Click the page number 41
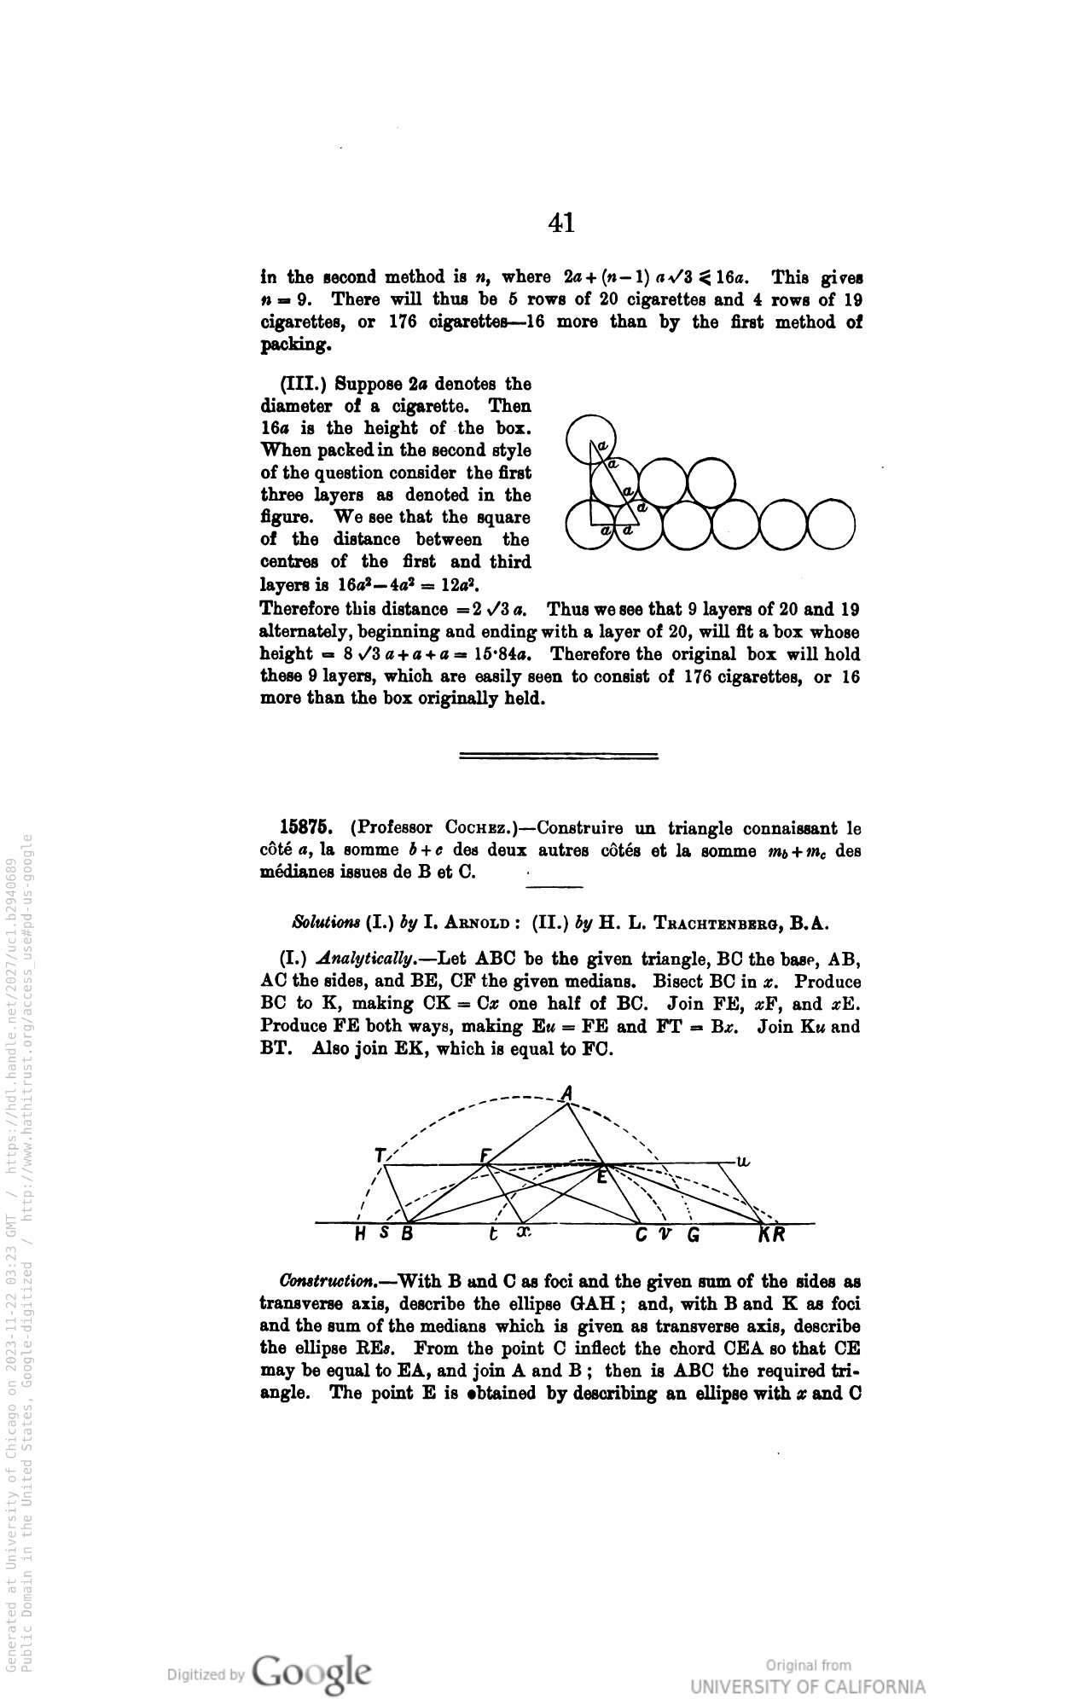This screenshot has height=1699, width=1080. [561, 223]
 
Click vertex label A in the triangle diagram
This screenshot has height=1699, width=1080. [567, 1093]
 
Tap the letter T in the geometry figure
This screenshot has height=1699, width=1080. [379, 1156]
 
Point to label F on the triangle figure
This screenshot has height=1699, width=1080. [485, 1156]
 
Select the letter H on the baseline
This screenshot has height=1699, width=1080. [362, 1234]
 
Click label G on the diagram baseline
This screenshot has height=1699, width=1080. [694, 1235]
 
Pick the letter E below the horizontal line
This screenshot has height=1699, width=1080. [602, 1178]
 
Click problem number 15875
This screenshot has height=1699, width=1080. [305, 828]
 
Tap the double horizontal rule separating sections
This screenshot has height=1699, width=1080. [558, 755]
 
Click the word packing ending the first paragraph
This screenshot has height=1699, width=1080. [294, 345]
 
